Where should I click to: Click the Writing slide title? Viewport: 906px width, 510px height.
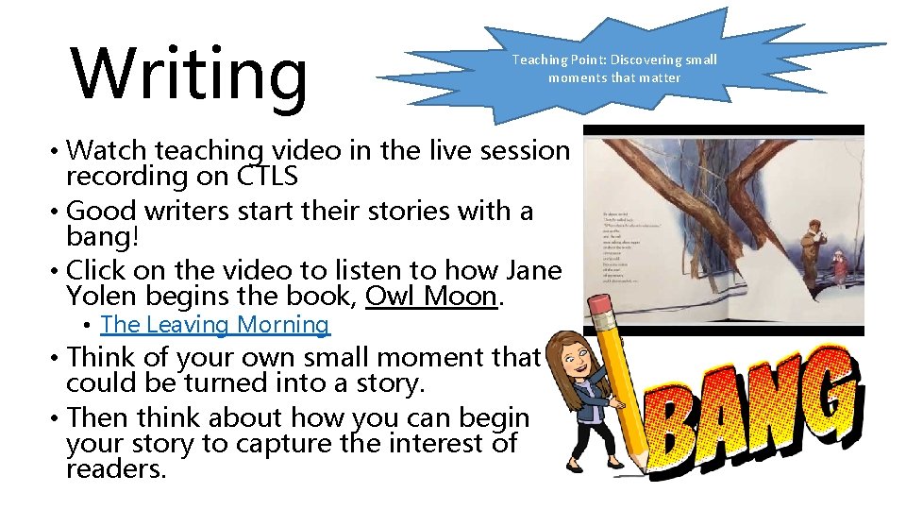(190, 74)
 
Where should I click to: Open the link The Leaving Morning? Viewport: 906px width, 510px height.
(214, 325)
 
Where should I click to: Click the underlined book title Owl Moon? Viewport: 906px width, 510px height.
(430, 296)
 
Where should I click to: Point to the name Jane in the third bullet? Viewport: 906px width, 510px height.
(532, 270)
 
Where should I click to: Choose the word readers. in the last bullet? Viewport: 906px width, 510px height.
(115, 469)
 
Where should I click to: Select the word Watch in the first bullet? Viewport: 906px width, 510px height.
(108, 149)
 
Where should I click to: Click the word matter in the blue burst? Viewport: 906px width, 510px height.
(658, 77)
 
